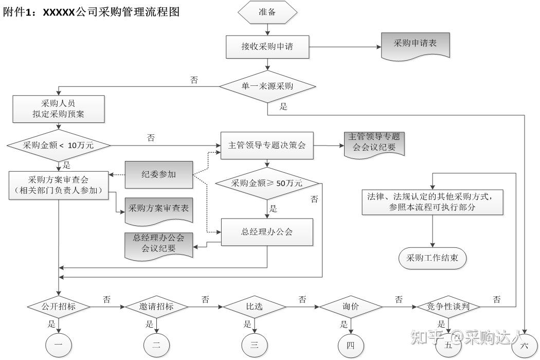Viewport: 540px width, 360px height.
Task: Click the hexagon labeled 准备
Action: [267, 12]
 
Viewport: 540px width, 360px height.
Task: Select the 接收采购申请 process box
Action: [267, 47]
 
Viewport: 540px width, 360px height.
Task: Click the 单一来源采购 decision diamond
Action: [267, 86]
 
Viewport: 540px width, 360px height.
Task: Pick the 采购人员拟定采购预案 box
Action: [59, 109]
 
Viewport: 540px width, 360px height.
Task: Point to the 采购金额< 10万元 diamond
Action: [59, 145]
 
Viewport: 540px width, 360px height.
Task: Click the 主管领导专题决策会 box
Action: [267, 146]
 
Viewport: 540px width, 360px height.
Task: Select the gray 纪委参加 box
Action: [159, 175]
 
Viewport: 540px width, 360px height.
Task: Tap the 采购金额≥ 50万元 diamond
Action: [267, 183]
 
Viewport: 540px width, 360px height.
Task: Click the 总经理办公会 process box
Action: [267, 232]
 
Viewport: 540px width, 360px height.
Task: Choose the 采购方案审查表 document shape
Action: [159, 210]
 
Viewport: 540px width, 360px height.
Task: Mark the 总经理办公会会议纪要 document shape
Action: [159, 246]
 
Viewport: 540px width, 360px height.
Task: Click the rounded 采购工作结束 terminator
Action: [433, 258]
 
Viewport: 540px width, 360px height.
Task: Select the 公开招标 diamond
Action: [59, 307]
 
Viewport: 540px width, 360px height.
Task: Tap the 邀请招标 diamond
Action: [156, 307]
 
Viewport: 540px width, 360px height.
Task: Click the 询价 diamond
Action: [351, 307]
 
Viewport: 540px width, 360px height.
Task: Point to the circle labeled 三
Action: [255, 345]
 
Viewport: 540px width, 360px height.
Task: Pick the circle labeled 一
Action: [59, 345]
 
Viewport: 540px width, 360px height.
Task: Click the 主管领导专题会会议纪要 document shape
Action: [374, 145]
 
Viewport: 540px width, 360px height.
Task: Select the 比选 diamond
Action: [255, 307]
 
